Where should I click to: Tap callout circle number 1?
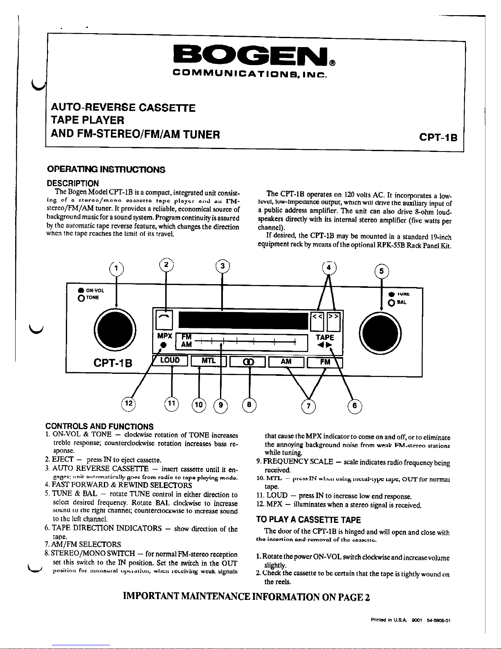coord(117,268)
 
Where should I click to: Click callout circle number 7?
coord(309,406)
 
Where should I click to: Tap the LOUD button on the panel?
coord(170,361)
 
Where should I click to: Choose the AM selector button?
coord(286,362)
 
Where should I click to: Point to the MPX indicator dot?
coord(163,345)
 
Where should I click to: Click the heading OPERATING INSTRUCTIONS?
coord(106,169)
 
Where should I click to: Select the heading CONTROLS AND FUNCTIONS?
coord(99,427)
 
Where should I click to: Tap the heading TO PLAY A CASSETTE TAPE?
coord(308,520)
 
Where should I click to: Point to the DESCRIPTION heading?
coord(73,183)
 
